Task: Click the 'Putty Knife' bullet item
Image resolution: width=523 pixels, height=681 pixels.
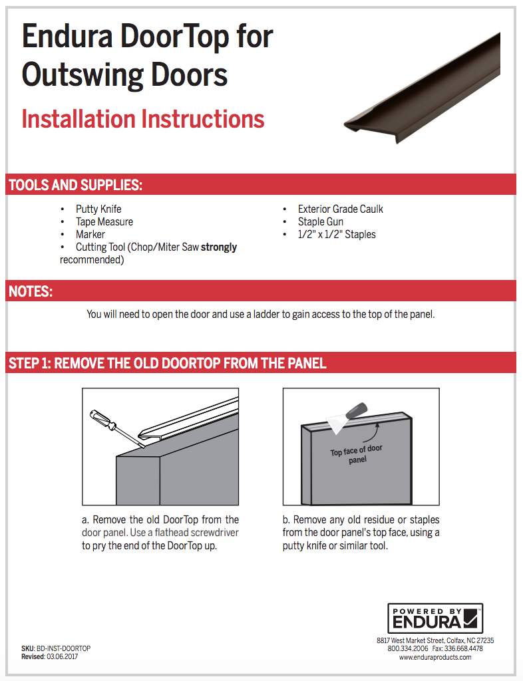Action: (98, 209)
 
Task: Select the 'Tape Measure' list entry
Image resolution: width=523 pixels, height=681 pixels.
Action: (104, 221)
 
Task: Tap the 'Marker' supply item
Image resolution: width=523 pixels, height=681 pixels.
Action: (90, 234)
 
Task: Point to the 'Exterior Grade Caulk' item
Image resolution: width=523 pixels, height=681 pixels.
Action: (340, 209)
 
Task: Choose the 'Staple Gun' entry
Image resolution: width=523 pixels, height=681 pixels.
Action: (321, 221)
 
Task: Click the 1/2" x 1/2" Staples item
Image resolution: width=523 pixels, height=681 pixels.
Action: (337, 234)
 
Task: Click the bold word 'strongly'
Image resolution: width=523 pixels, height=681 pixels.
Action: (219, 247)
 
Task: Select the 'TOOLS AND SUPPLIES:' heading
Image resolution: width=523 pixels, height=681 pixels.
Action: (75, 185)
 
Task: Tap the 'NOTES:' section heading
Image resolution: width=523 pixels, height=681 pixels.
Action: (31, 291)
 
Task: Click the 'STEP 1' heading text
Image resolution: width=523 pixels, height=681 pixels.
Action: (167, 363)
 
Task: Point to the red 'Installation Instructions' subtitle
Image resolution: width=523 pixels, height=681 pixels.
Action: (143, 120)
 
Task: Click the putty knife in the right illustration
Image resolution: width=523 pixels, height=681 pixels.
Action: (349, 412)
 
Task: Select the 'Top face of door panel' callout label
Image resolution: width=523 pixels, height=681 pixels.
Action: (357, 455)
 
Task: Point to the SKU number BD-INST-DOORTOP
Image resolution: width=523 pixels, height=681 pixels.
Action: (63, 648)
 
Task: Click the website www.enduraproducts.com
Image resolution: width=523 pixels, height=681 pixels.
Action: (435, 657)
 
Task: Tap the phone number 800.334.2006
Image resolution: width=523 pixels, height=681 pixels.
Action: (407, 648)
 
